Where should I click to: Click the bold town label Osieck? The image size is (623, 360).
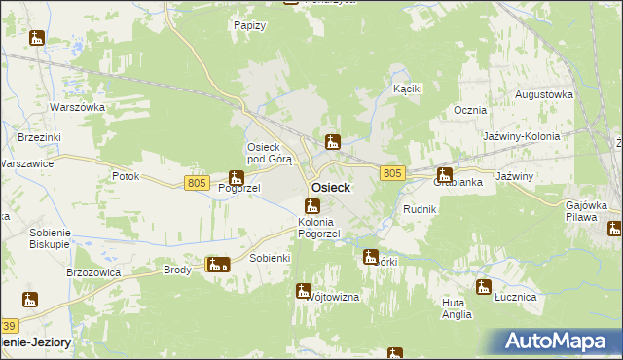pos(331,188)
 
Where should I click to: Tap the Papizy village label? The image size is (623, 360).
pos(250,25)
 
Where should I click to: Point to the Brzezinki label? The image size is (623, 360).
pos(38,138)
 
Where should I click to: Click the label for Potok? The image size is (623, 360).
pos(126,176)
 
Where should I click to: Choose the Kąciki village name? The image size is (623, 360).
pos(407,89)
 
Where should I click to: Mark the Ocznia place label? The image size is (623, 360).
pos(470,110)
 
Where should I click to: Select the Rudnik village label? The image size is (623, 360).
pos(420,209)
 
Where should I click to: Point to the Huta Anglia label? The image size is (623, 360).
pos(456,308)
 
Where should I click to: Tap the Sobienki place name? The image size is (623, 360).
pos(271,258)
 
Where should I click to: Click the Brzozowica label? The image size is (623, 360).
pos(92,272)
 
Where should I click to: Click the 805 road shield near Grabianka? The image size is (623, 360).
pos(392,172)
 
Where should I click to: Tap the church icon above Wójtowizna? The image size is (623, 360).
pos(304,290)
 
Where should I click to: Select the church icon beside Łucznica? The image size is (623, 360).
pos(483,286)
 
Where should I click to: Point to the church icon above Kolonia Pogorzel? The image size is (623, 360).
pos(311,205)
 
